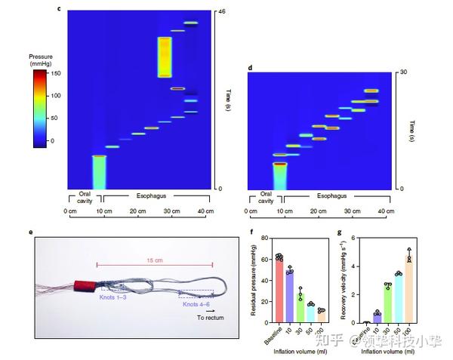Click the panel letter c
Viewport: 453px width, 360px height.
59,8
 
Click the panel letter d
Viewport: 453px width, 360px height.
250,68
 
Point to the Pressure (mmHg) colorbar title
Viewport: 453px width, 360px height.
39,60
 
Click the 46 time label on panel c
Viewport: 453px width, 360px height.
222,12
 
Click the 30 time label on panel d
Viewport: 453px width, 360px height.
404,72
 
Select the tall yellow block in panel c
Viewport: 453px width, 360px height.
164,57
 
